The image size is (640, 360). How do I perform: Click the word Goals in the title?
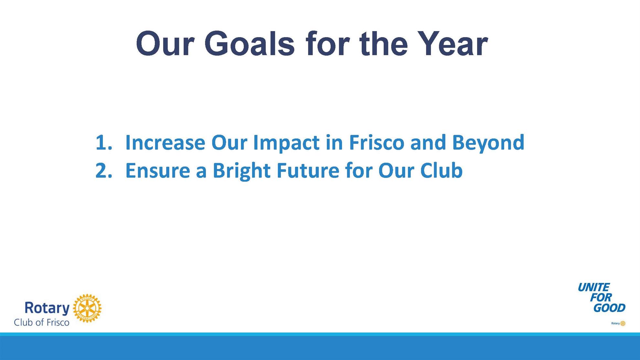250,44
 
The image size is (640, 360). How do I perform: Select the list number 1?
103,142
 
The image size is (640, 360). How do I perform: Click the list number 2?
103,170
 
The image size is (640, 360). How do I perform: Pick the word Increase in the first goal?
165,142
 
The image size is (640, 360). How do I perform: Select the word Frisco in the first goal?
377,142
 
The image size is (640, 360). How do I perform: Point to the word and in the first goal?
428,142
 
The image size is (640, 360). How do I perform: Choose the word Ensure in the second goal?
158,170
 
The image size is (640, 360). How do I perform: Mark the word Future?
308,170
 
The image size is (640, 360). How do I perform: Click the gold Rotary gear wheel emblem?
87,308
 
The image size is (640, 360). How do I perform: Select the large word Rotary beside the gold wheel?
47,308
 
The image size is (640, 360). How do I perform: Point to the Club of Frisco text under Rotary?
42,322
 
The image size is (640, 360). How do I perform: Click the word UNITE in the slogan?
593,287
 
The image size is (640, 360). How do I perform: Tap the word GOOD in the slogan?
610,308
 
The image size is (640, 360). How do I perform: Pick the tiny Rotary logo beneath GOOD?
618,323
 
